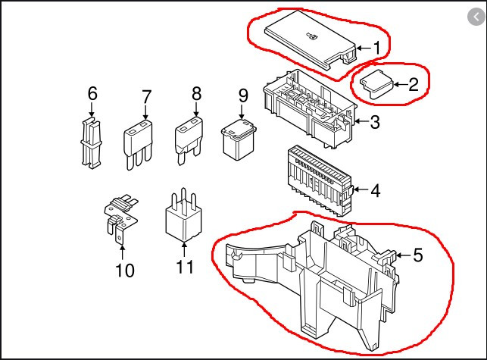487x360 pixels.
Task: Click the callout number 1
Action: coord(376,47)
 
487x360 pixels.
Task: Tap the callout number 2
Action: coord(413,83)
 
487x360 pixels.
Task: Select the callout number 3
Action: coord(375,121)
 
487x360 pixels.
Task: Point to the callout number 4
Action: coord(375,189)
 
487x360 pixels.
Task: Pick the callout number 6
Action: coord(92,94)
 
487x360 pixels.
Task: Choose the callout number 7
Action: coord(146,97)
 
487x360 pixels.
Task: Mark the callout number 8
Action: coord(196,94)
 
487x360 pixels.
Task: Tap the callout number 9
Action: coord(242,95)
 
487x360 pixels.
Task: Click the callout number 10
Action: coord(123,269)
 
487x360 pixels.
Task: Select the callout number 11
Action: coord(185,267)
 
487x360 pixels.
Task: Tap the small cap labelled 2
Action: coord(376,83)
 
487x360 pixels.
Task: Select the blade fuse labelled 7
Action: coord(138,142)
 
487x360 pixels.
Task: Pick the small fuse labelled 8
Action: coord(189,139)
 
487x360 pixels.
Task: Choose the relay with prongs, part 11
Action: coord(183,217)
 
